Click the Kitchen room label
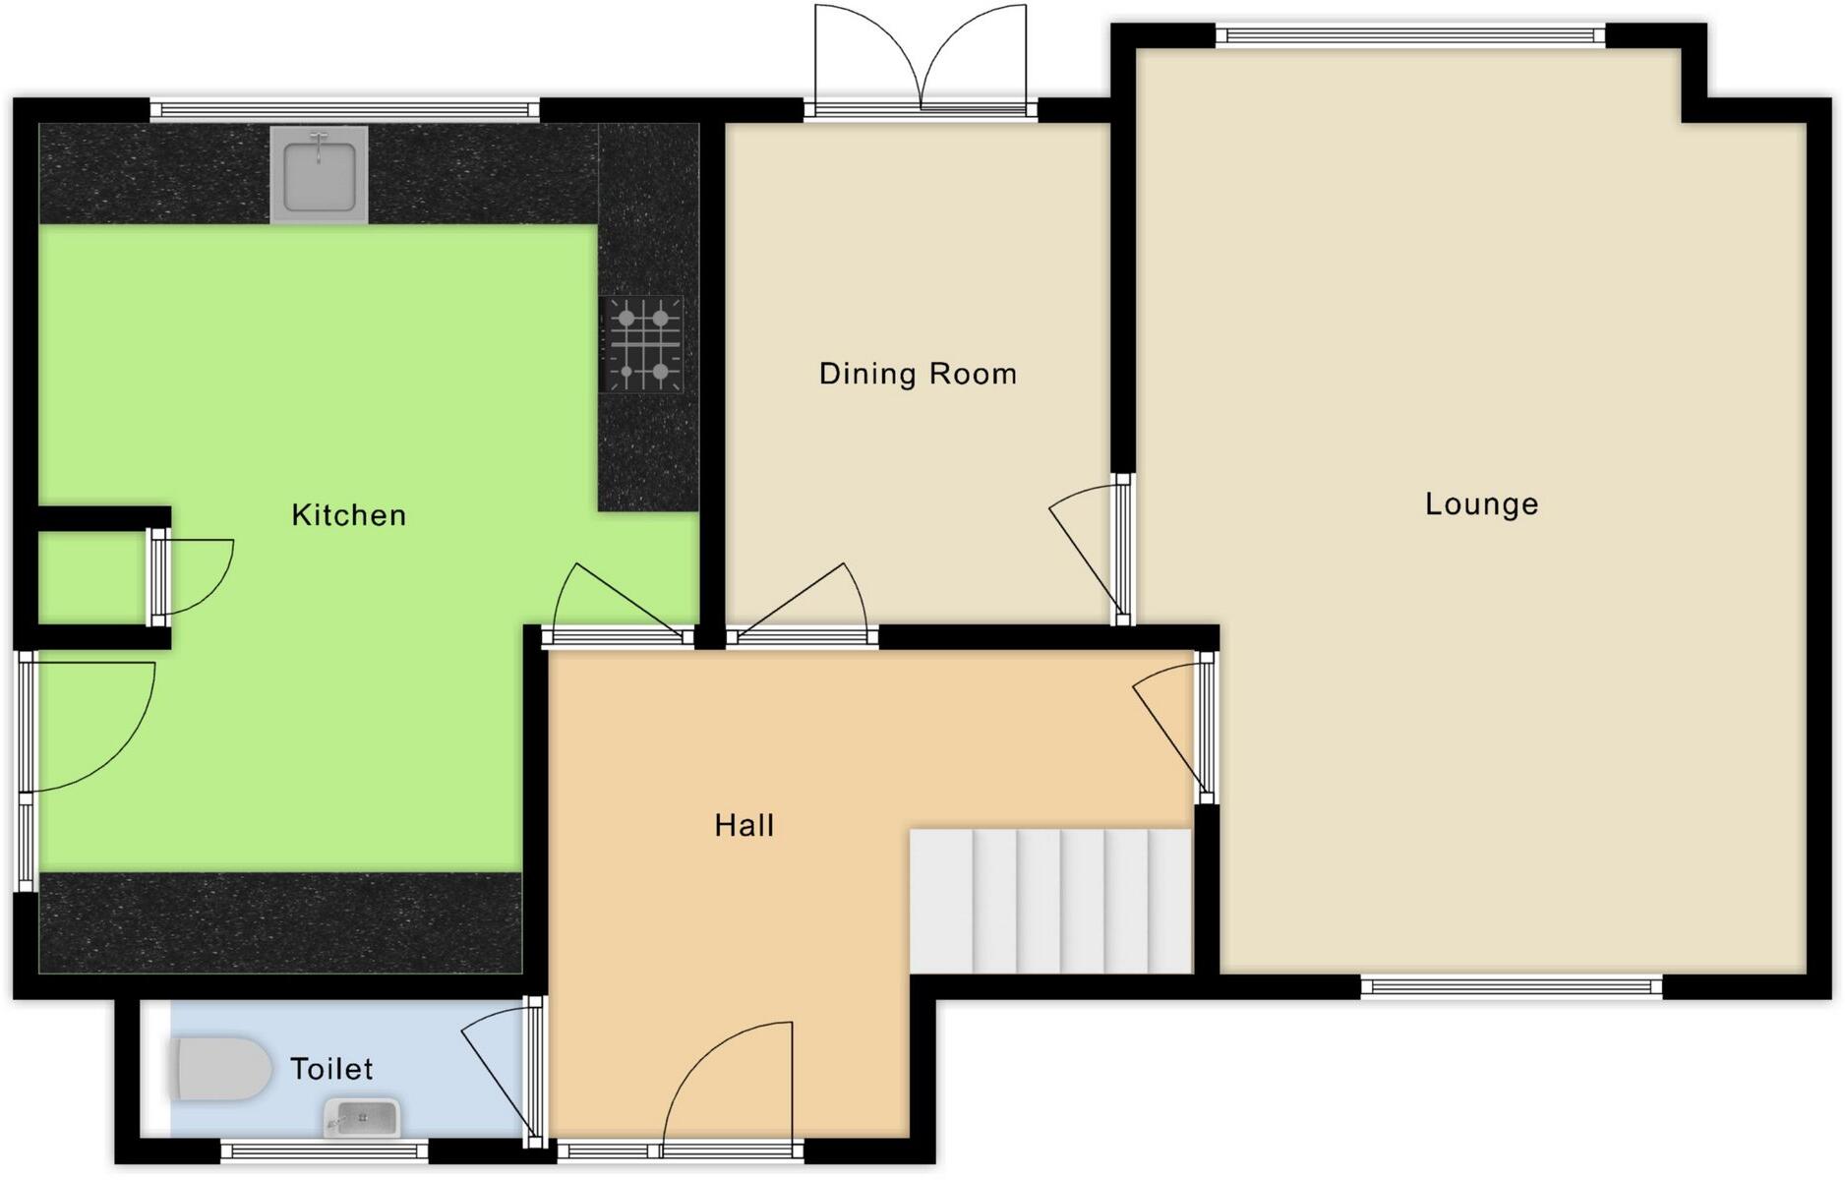[348, 515]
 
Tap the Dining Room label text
[917, 374]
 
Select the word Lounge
[1480, 504]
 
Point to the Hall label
[744, 825]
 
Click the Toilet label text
[331, 1069]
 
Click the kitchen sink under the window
[319, 175]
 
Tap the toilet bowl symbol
[222, 1069]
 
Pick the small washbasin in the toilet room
[362, 1118]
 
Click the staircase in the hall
[1050, 901]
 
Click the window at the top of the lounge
[1410, 36]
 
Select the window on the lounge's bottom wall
[1511, 987]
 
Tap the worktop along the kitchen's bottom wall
[280, 922]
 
